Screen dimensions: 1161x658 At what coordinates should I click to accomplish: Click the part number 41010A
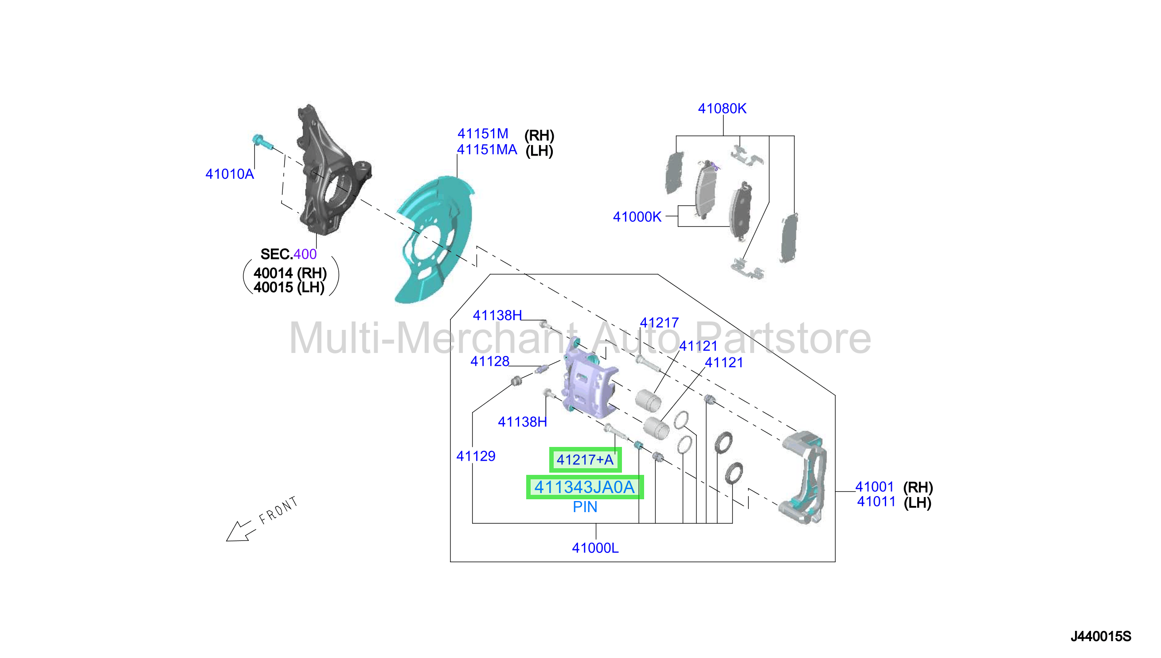point(230,174)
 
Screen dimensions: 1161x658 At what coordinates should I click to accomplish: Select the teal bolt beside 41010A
point(262,141)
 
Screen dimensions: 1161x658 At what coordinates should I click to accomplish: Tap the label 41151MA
point(487,149)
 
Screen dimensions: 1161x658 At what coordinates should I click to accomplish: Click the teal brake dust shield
point(434,239)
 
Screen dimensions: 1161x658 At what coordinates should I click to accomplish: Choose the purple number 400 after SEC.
point(305,254)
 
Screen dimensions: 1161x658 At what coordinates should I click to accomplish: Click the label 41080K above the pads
point(722,109)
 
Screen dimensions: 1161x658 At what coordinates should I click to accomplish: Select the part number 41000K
point(637,217)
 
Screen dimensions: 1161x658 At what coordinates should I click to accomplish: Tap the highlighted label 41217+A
point(585,460)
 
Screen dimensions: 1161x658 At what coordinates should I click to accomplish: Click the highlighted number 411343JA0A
point(585,487)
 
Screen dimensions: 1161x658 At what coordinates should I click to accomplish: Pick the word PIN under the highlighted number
point(585,507)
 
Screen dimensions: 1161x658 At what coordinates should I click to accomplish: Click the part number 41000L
point(595,548)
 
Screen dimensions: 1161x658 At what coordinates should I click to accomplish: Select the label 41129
point(476,456)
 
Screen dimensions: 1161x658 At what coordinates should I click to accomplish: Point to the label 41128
point(490,361)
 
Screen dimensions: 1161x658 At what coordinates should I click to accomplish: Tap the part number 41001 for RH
point(875,487)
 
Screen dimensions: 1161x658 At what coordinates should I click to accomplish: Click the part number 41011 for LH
point(876,501)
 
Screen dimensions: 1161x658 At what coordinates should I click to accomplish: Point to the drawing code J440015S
point(1100,636)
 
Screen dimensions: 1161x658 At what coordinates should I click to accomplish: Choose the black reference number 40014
point(274,273)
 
